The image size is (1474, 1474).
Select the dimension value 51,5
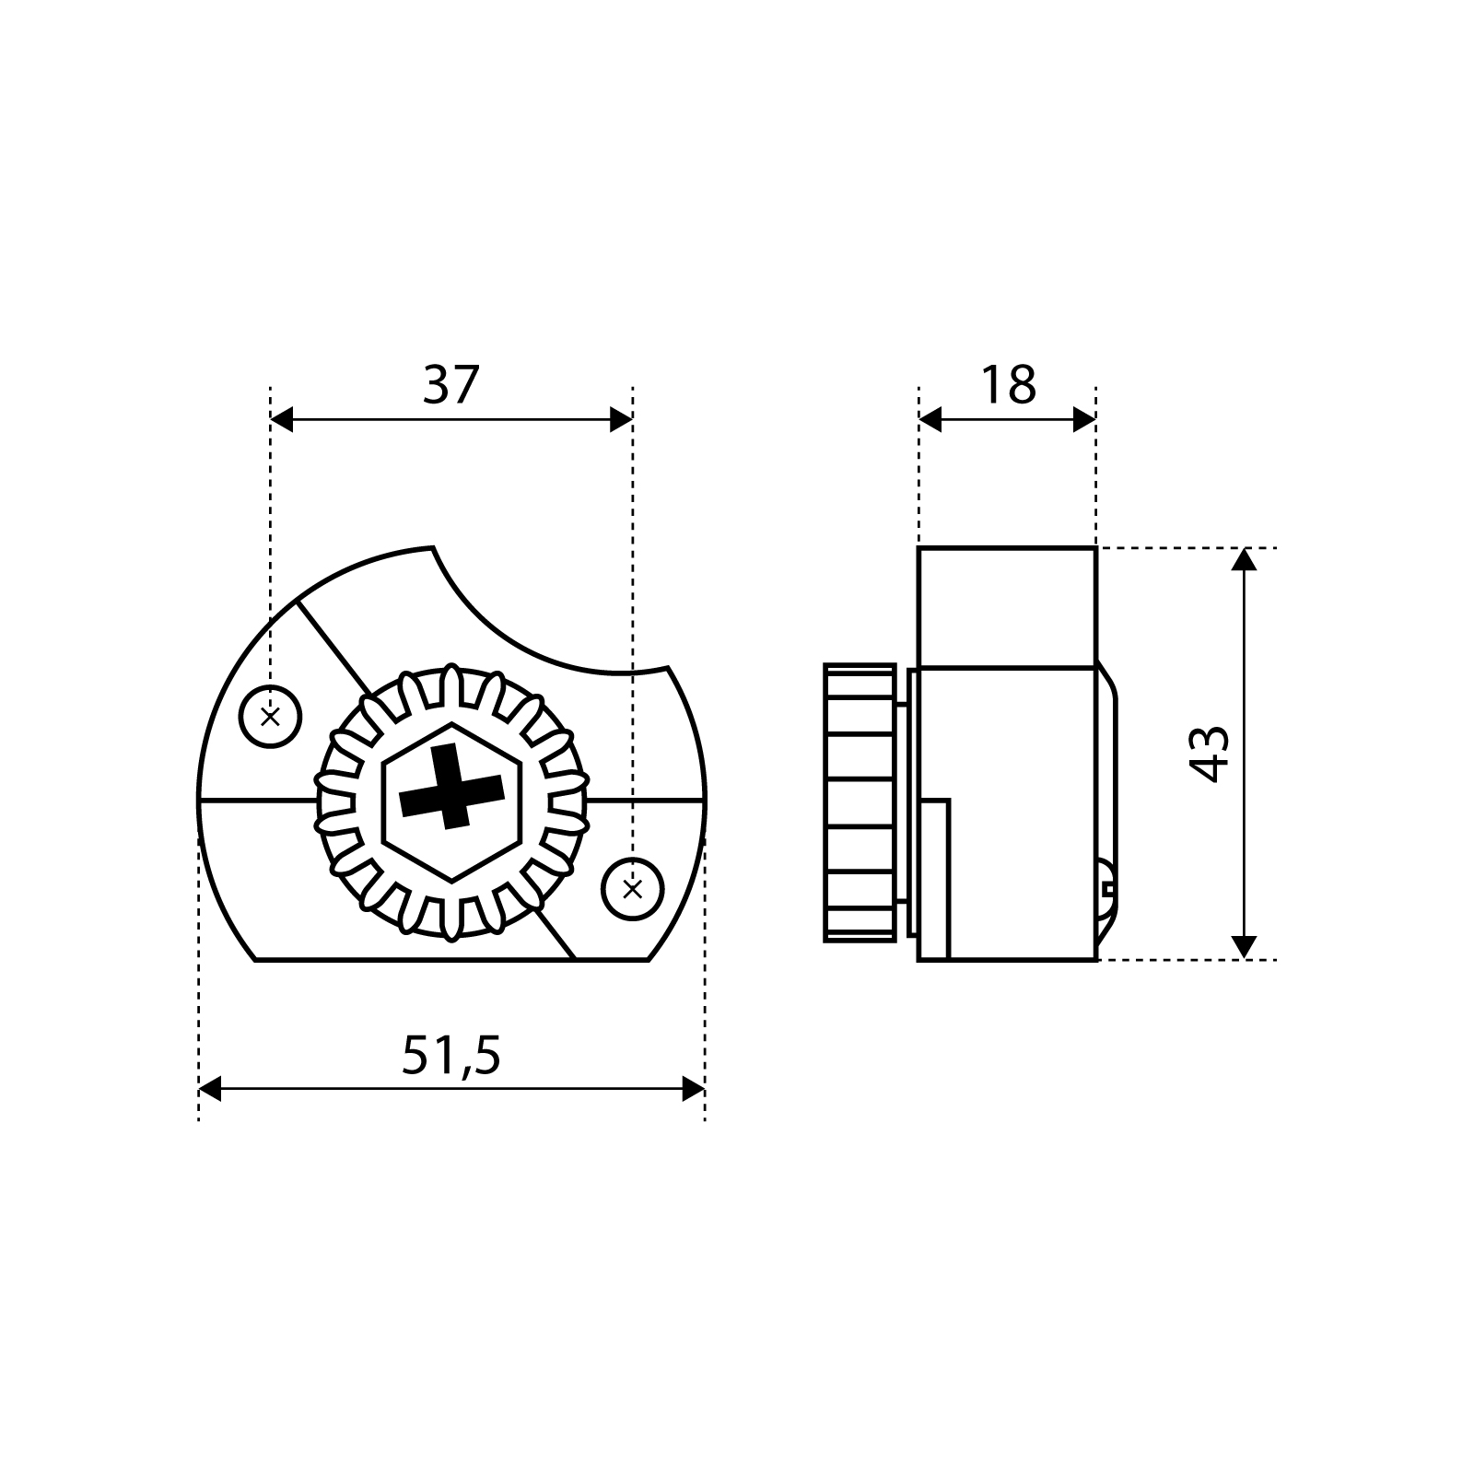(x=450, y=1056)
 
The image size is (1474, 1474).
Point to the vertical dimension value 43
(x=1211, y=754)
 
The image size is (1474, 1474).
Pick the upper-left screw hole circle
(x=271, y=716)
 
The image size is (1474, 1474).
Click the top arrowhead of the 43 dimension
(x=1244, y=559)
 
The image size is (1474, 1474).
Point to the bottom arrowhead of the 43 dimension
(x=1244, y=948)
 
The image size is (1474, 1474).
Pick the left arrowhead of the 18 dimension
(x=930, y=420)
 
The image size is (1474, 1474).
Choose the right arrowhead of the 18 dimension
(x=1085, y=420)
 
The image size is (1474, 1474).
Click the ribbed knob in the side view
(x=860, y=802)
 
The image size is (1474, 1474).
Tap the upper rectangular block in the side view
(x=1007, y=606)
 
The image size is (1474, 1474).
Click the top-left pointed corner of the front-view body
(x=433, y=549)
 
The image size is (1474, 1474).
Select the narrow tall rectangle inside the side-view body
(x=933, y=880)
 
